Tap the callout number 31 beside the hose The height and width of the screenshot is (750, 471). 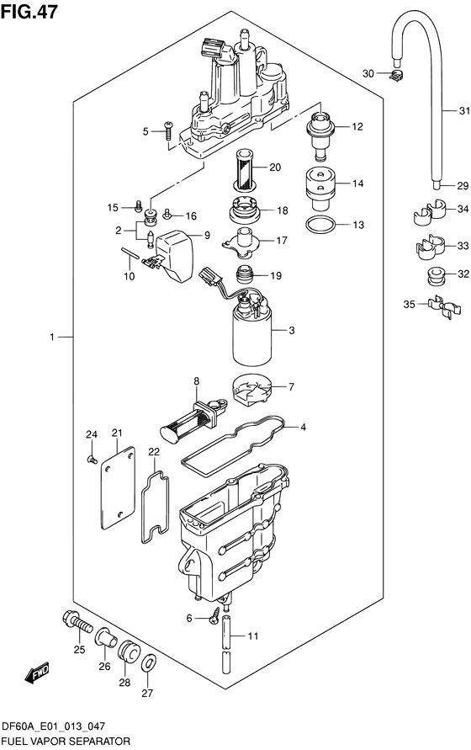[x=463, y=111]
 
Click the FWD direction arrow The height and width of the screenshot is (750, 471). [x=38, y=673]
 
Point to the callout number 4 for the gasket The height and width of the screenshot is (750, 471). [x=304, y=427]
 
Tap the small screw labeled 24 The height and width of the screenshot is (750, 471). [x=91, y=459]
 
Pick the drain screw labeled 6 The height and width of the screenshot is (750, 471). [x=223, y=619]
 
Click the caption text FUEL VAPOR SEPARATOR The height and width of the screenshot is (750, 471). [x=66, y=742]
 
